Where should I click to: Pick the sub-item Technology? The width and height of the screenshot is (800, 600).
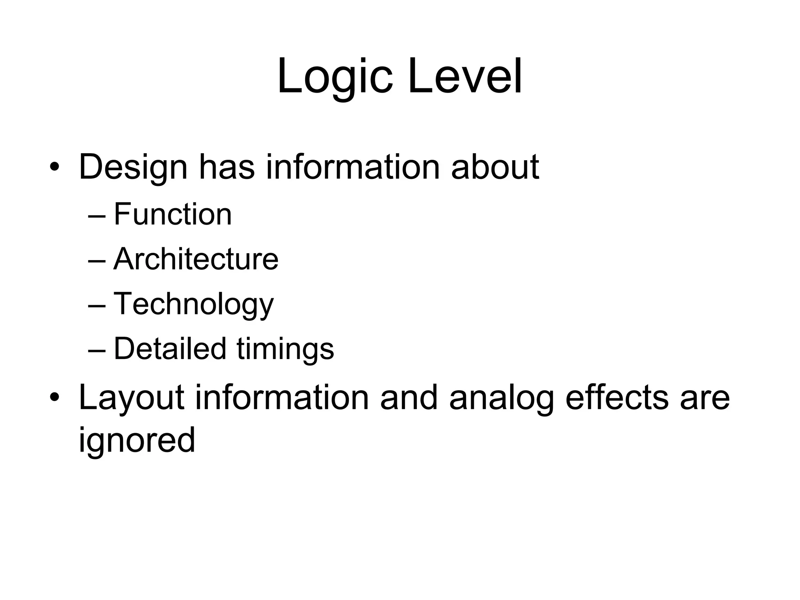pyautogui.click(x=193, y=304)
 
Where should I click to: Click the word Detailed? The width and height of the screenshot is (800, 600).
pyautogui.click(x=170, y=348)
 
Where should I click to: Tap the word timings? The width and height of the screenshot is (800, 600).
pyautogui.click(x=285, y=348)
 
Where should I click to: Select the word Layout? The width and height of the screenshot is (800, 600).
pyautogui.click(x=131, y=398)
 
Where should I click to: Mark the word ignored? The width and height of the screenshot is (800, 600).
pyautogui.click(x=137, y=441)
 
